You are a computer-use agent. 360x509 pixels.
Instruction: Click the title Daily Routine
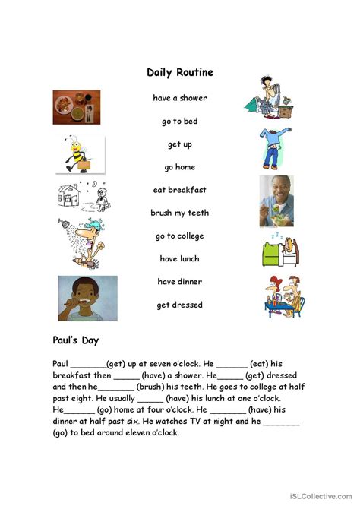[x=180, y=73]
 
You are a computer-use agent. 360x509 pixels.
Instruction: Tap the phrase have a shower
[x=179, y=98]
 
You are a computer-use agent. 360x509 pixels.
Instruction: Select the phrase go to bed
[x=179, y=121]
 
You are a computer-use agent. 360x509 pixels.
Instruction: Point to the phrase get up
[x=179, y=144]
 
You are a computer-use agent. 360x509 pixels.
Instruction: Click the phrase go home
[x=179, y=167]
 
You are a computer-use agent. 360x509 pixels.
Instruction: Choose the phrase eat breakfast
[x=179, y=190]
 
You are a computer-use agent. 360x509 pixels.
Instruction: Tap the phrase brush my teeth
[x=179, y=213]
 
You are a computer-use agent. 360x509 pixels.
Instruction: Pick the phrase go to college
[x=179, y=236]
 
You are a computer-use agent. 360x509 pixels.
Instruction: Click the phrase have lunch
[x=179, y=259]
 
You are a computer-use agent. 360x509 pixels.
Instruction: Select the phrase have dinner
[x=179, y=282]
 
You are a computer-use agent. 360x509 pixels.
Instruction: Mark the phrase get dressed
[x=179, y=305]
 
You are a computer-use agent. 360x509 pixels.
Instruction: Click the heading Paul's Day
[x=76, y=341]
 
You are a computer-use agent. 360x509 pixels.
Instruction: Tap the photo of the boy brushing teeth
[x=87, y=298]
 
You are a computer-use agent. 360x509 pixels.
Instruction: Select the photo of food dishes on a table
[x=77, y=107]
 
